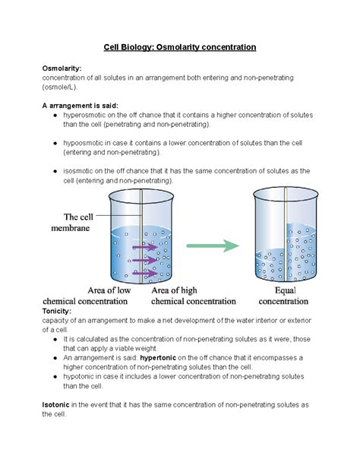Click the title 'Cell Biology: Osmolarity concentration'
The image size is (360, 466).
coord(180,47)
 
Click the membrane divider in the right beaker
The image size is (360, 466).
coord(286,236)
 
